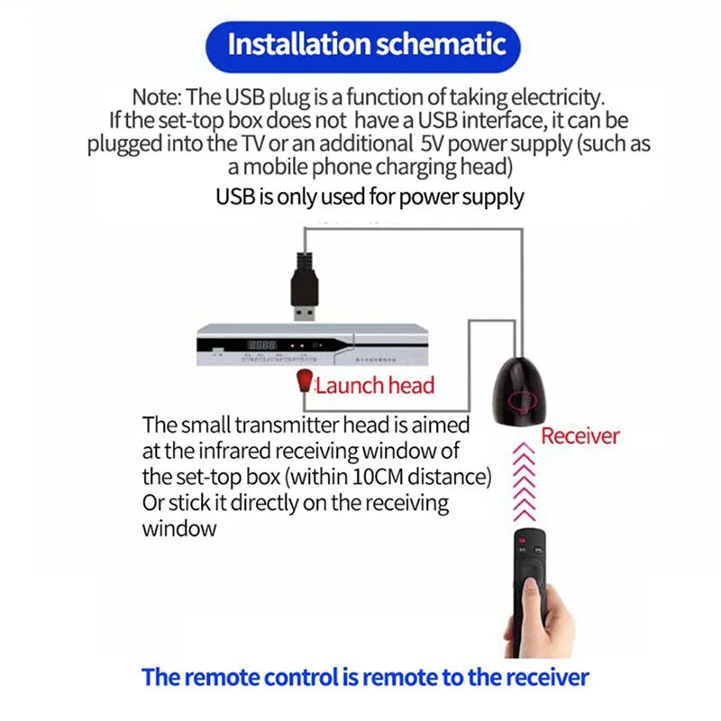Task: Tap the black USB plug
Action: (x=304, y=282)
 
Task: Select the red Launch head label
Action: (x=374, y=386)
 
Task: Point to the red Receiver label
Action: (x=580, y=436)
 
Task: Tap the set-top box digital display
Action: (x=261, y=345)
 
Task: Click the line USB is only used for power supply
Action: (x=370, y=196)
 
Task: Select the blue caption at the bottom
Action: (x=365, y=677)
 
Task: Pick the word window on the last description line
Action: (x=179, y=528)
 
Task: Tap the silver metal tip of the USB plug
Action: (x=304, y=314)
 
